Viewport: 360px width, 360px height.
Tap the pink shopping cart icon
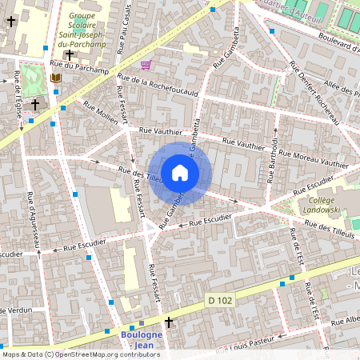point(146,65)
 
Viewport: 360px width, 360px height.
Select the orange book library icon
point(55,78)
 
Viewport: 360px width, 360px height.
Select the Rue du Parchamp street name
point(78,68)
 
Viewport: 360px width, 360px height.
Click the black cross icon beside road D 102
point(169,322)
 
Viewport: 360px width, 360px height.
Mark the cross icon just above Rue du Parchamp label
point(70,54)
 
